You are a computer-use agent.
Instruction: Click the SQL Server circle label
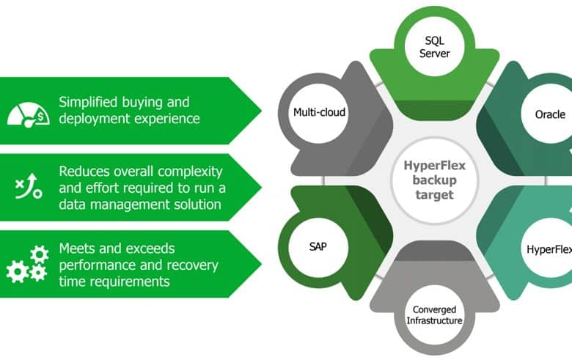[x=434, y=47]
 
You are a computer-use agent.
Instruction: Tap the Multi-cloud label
[x=319, y=112]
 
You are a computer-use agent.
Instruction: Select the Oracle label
[x=550, y=114]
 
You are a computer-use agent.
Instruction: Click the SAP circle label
[x=318, y=246]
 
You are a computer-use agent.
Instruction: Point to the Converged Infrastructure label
[x=434, y=315]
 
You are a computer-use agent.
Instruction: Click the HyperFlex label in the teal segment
[x=549, y=249]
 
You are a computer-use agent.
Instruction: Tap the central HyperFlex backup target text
[x=434, y=180]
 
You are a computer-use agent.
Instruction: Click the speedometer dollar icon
[x=29, y=115]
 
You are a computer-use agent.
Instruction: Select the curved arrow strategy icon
[x=29, y=186]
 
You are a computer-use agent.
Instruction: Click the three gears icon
[x=27, y=264]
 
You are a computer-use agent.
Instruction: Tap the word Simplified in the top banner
[x=88, y=102]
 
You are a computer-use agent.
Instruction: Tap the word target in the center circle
[x=434, y=195]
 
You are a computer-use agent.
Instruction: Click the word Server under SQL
[x=434, y=54]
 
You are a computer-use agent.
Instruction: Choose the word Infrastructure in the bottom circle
[x=434, y=320]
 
